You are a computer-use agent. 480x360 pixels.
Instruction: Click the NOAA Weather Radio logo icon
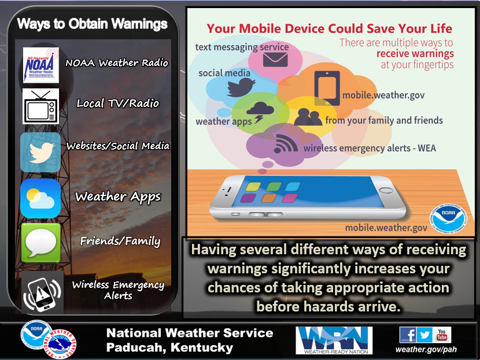[x=40, y=65]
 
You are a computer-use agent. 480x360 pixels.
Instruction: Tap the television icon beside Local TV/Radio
[x=40, y=106]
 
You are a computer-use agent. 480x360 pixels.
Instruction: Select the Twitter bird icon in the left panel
[x=40, y=153]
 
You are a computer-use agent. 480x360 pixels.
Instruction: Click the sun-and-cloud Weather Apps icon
[x=40, y=198]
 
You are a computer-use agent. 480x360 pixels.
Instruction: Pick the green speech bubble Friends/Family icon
[x=40, y=243]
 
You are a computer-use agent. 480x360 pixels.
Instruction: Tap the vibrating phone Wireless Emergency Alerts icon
[x=42, y=294]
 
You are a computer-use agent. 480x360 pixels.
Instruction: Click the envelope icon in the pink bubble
[x=275, y=60]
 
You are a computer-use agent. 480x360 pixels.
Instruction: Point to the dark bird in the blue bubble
[x=241, y=87]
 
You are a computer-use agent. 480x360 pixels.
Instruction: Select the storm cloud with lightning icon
[x=260, y=112]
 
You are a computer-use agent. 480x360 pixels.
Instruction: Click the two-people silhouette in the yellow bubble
[x=308, y=117]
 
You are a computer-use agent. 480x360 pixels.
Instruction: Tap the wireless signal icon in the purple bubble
[x=285, y=143]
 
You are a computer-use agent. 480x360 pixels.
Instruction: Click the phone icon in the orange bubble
[x=327, y=88]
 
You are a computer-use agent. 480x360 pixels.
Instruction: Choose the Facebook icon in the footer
[x=408, y=335]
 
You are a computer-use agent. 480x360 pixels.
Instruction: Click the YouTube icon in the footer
[x=442, y=335]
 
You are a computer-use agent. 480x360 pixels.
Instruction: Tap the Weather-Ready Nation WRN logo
[x=334, y=340]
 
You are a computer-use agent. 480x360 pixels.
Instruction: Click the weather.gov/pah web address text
[x=426, y=349]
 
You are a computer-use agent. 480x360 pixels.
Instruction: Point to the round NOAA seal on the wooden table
[x=449, y=218]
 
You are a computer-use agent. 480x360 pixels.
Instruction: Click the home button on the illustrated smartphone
[x=386, y=190]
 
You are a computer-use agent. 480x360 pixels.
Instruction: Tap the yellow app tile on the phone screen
[x=253, y=186]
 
